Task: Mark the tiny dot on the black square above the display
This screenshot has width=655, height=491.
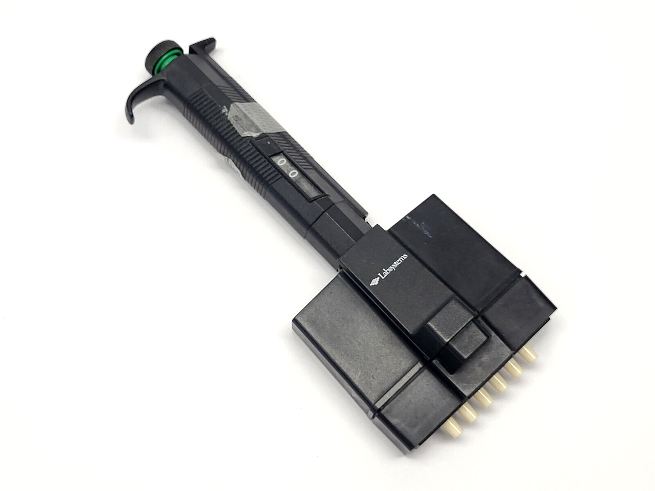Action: point(268,144)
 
